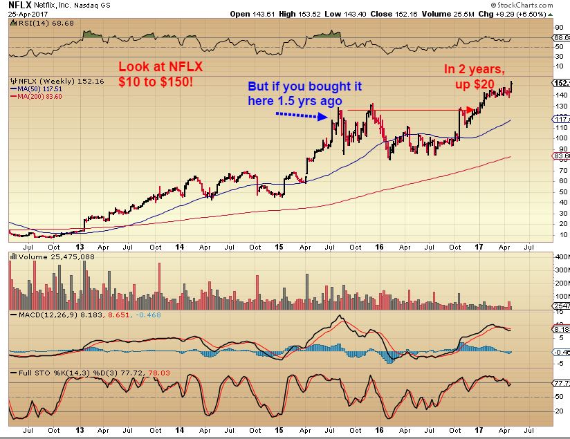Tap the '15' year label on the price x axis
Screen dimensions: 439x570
280,246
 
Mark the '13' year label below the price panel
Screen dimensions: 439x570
81,246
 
